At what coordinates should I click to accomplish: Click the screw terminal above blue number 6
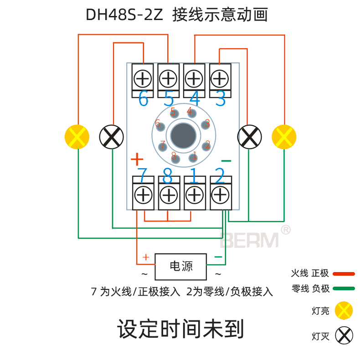(143, 79)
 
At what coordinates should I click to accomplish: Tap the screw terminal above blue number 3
(220, 79)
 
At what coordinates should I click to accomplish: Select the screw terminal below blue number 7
(143, 195)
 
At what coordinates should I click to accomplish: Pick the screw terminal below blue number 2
(220, 195)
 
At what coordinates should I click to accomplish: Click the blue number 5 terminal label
(169, 99)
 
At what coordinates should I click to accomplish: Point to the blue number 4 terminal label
(195, 99)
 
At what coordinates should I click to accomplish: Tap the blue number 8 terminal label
(168, 175)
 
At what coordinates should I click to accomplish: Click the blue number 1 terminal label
(194, 175)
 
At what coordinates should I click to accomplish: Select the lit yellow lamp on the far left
(77, 137)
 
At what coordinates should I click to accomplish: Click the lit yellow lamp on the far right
(284, 137)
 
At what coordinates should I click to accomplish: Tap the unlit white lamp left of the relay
(112, 136)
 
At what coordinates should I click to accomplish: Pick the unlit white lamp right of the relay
(250, 136)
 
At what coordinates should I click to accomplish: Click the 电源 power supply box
(180, 267)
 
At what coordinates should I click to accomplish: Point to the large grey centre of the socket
(184, 136)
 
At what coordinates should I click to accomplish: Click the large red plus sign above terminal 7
(137, 159)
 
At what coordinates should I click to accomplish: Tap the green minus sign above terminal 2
(226, 161)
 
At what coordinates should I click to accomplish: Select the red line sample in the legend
(344, 274)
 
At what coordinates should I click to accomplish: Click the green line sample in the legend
(344, 288)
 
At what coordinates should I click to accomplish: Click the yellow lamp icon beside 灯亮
(344, 311)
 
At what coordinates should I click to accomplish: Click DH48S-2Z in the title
(124, 15)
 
